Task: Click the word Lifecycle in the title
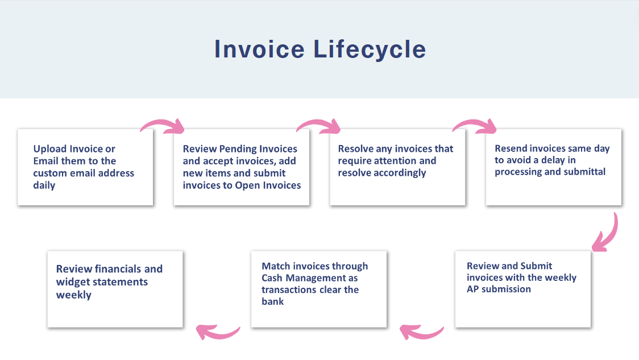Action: click(370, 49)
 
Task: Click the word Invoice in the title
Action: click(260, 49)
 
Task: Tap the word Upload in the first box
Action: click(50, 149)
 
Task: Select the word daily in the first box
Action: click(44, 185)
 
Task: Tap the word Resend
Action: click(511, 148)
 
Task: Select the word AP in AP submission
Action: click(473, 289)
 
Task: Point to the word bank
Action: click(273, 301)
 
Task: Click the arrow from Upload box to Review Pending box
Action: click(163, 126)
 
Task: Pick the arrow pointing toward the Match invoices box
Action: click(421, 332)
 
